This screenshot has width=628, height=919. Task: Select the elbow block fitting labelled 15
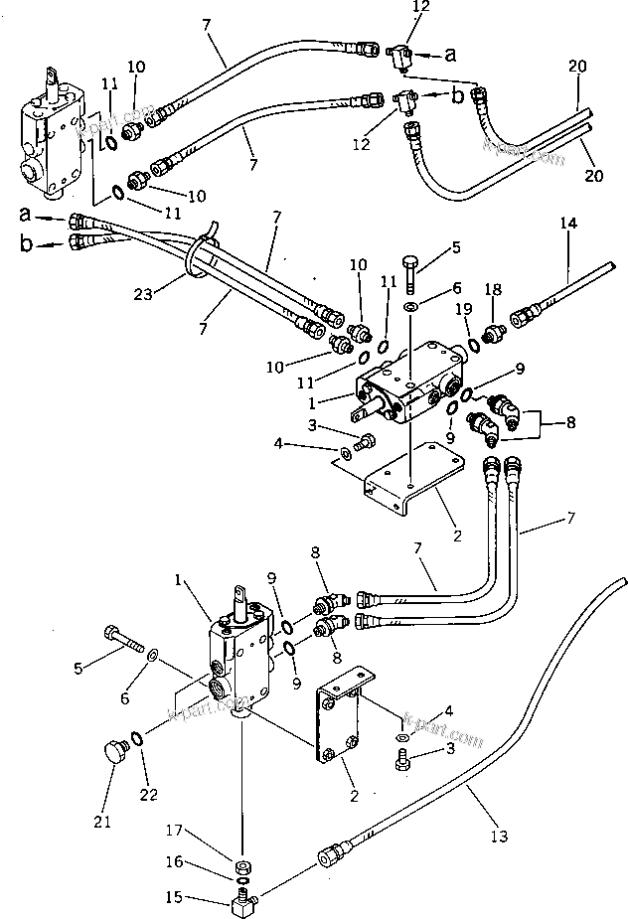click(242, 904)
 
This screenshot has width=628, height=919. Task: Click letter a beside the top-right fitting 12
click(450, 57)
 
